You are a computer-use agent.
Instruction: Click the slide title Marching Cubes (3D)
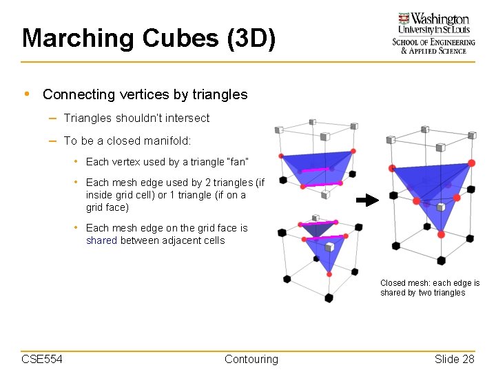pos(149,38)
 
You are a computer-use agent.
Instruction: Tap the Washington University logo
pos(433,32)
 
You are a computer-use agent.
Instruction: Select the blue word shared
pos(101,240)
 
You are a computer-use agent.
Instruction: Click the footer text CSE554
pos(42,359)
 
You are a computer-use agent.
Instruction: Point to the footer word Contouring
pos(251,359)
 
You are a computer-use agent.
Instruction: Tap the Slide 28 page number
pos(454,359)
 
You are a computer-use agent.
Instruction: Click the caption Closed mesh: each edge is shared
pos(430,288)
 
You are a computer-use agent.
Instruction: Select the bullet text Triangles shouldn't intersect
pos(136,118)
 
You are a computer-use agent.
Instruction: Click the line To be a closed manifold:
pos(127,141)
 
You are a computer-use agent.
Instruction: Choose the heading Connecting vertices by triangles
pos(145,94)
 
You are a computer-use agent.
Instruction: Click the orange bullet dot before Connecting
pos(26,94)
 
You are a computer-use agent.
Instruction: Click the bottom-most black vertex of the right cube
pos(441,260)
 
